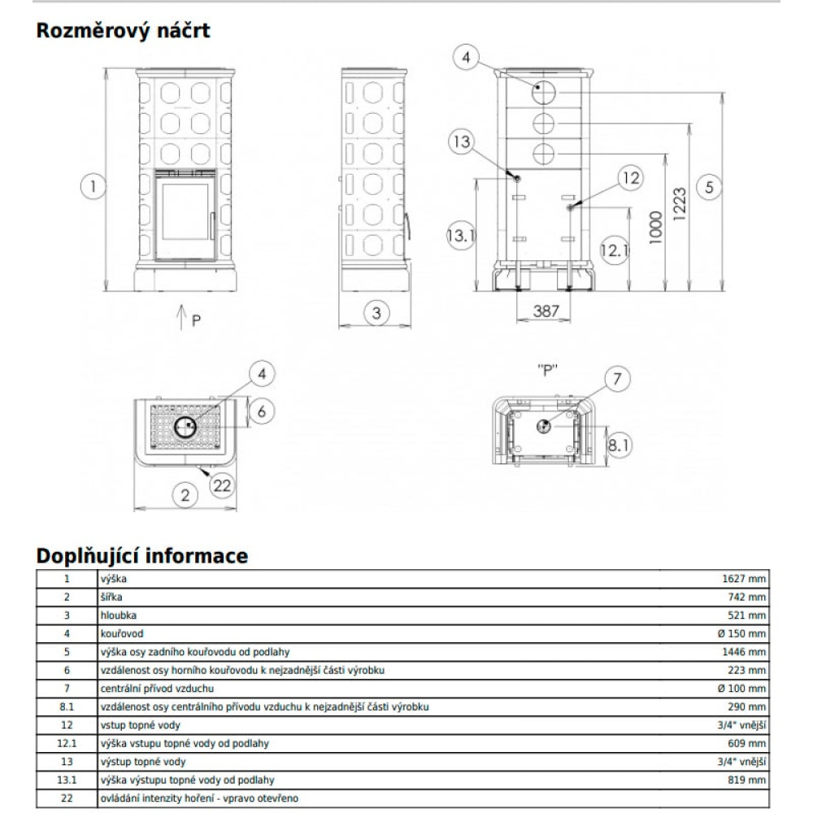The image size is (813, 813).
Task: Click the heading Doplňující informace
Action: (x=142, y=557)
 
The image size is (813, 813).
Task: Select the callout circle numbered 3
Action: (x=375, y=312)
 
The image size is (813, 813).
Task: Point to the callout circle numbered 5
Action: (x=709, y=186)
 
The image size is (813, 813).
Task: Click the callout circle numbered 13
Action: (x=462, y=143)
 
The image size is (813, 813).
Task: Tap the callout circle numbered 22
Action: (x=221, y=485)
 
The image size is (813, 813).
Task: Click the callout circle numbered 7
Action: (x=617, y=379)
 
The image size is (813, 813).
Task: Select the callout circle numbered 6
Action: (x=261, y=411)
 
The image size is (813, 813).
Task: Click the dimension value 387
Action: (x=546, y=311)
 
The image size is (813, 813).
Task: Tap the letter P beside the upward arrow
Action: (x=195, y=320)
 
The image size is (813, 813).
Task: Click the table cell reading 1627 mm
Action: (x=744, y=580)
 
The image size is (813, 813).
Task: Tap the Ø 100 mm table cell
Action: (x=742, y=689)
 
